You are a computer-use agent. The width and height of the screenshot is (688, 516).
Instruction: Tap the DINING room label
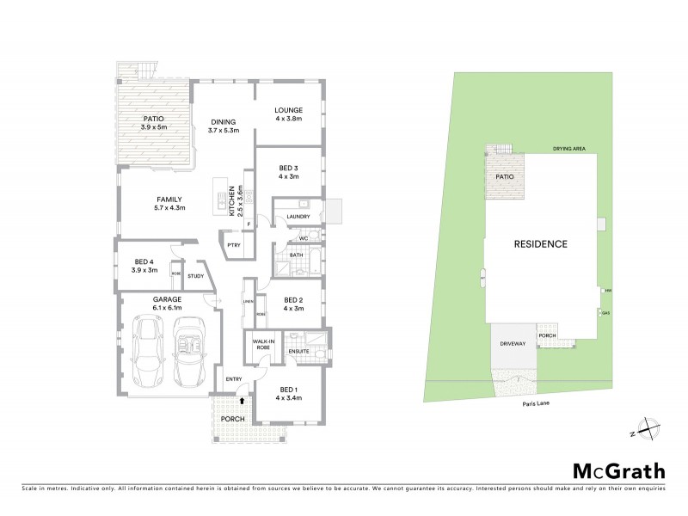pos(223,122)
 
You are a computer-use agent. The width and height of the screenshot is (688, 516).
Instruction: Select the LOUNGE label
pos(288,110)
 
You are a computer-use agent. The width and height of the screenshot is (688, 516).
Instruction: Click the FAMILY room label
pos(169,200)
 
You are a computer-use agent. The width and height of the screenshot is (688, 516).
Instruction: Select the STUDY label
pos(195,276)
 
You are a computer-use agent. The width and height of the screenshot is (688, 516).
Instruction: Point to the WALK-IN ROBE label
pos(262,345)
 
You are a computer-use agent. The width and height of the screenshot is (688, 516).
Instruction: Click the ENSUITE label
pos(298,352)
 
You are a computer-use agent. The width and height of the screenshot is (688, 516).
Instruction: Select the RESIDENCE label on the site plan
pos(540,243)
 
